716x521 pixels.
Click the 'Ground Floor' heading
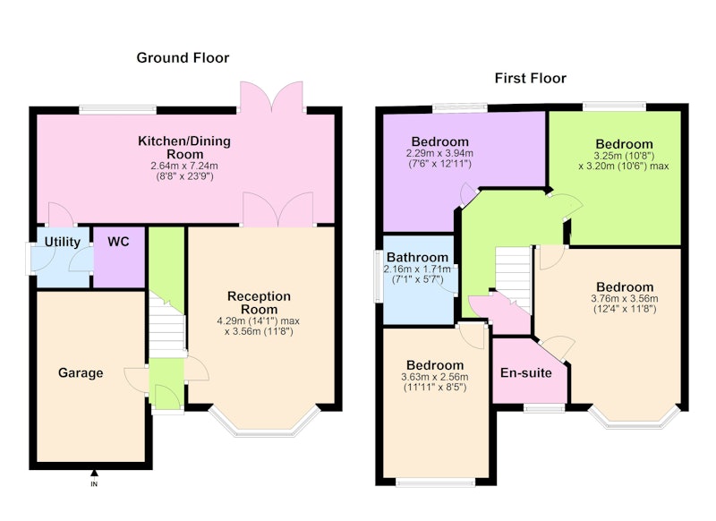pyautogui.click(x=183, y=58)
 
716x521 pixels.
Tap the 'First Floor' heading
pyautogui.click(x=530, y=78)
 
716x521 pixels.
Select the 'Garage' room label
pyautogui.click(x=81, y=373)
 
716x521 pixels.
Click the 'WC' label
pyautogui.click(x=118, y=242)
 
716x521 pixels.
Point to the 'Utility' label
pyautogui.click(x=62, y=242)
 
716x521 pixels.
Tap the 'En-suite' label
pyautogui.click(x=526, y=373)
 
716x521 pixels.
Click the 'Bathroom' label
pyautogui.click(x=417, y=258)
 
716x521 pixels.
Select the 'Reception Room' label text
pyautogui.click(x=259, y=303)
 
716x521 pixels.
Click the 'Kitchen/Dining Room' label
pyautogui.click(x=184, y=147)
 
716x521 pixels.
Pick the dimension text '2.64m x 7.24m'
pyautogui.click(x=184, y=166)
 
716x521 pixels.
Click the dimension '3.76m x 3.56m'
pyautogui.click(x=625, y=299)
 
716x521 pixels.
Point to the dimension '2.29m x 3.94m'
pyautogui.click(x=439, y=153)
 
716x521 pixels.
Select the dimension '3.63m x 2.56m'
pyautogui.click(x=435, y=377)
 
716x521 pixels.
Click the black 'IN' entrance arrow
pyautogui.click(x=94, y=473)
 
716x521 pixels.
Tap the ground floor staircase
pyautogui.click(x=166, y=324)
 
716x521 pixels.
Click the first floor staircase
pyautogui.click(x=514, y=279)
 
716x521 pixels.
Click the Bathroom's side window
pyautogui.click(x=378, y=276)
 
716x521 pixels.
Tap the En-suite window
pyautogui.click(x=543, y=408)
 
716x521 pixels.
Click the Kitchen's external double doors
pyautogui.click(x=272, y=98)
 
